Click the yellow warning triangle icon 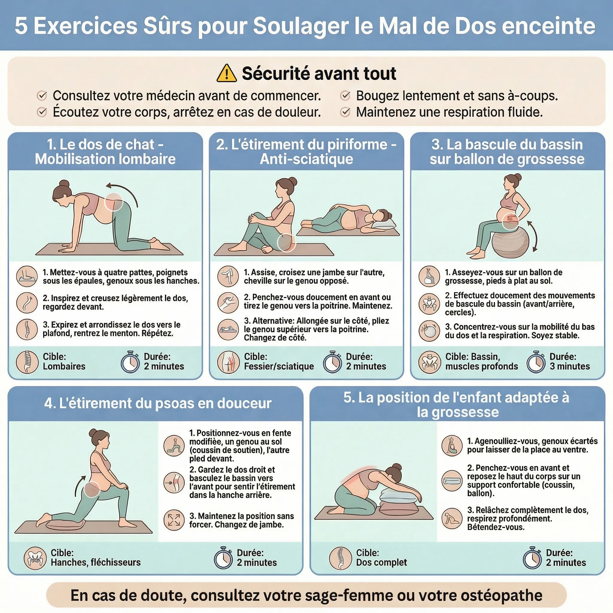point(227,74)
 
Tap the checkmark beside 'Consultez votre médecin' point(42,95)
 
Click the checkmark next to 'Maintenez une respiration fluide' point(345,112)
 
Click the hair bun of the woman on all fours point(64,184)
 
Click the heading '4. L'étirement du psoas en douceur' point(158,403)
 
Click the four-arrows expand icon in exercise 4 point(174,520)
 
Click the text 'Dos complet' point(381,562)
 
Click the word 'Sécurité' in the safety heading point(275,74)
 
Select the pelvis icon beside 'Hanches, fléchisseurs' point(35,558)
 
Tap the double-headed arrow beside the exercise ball point(532,236)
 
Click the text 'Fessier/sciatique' point(279,366)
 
